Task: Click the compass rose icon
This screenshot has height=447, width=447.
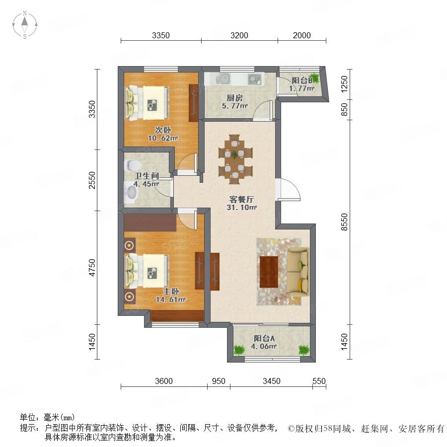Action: click(x=25, y=25)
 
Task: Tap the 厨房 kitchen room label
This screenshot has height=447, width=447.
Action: click(x=234, y=98)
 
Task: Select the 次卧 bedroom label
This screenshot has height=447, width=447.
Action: click(x=163, y=130)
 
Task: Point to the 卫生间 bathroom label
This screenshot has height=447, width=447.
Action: click(x=147, y=176)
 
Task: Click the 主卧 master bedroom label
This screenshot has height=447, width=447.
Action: click(x=171, y=292)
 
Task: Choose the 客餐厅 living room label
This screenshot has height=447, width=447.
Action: click(x=241, y=199)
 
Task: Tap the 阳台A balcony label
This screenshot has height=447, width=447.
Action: click(x=264, y=338)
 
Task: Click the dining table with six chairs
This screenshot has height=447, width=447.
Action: click(x=235, y=159)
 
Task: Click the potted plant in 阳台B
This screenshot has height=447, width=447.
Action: click(x=314, y=77)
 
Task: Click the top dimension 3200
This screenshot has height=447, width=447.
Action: click(x=239, y=35)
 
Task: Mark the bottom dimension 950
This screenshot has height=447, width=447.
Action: click(x=219, y=381)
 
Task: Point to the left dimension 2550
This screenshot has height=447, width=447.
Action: click(x=92, y=180)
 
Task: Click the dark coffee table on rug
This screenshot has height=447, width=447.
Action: click(x=269, y=272)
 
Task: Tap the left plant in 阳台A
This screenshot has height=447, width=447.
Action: click(x=239, y=350)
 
